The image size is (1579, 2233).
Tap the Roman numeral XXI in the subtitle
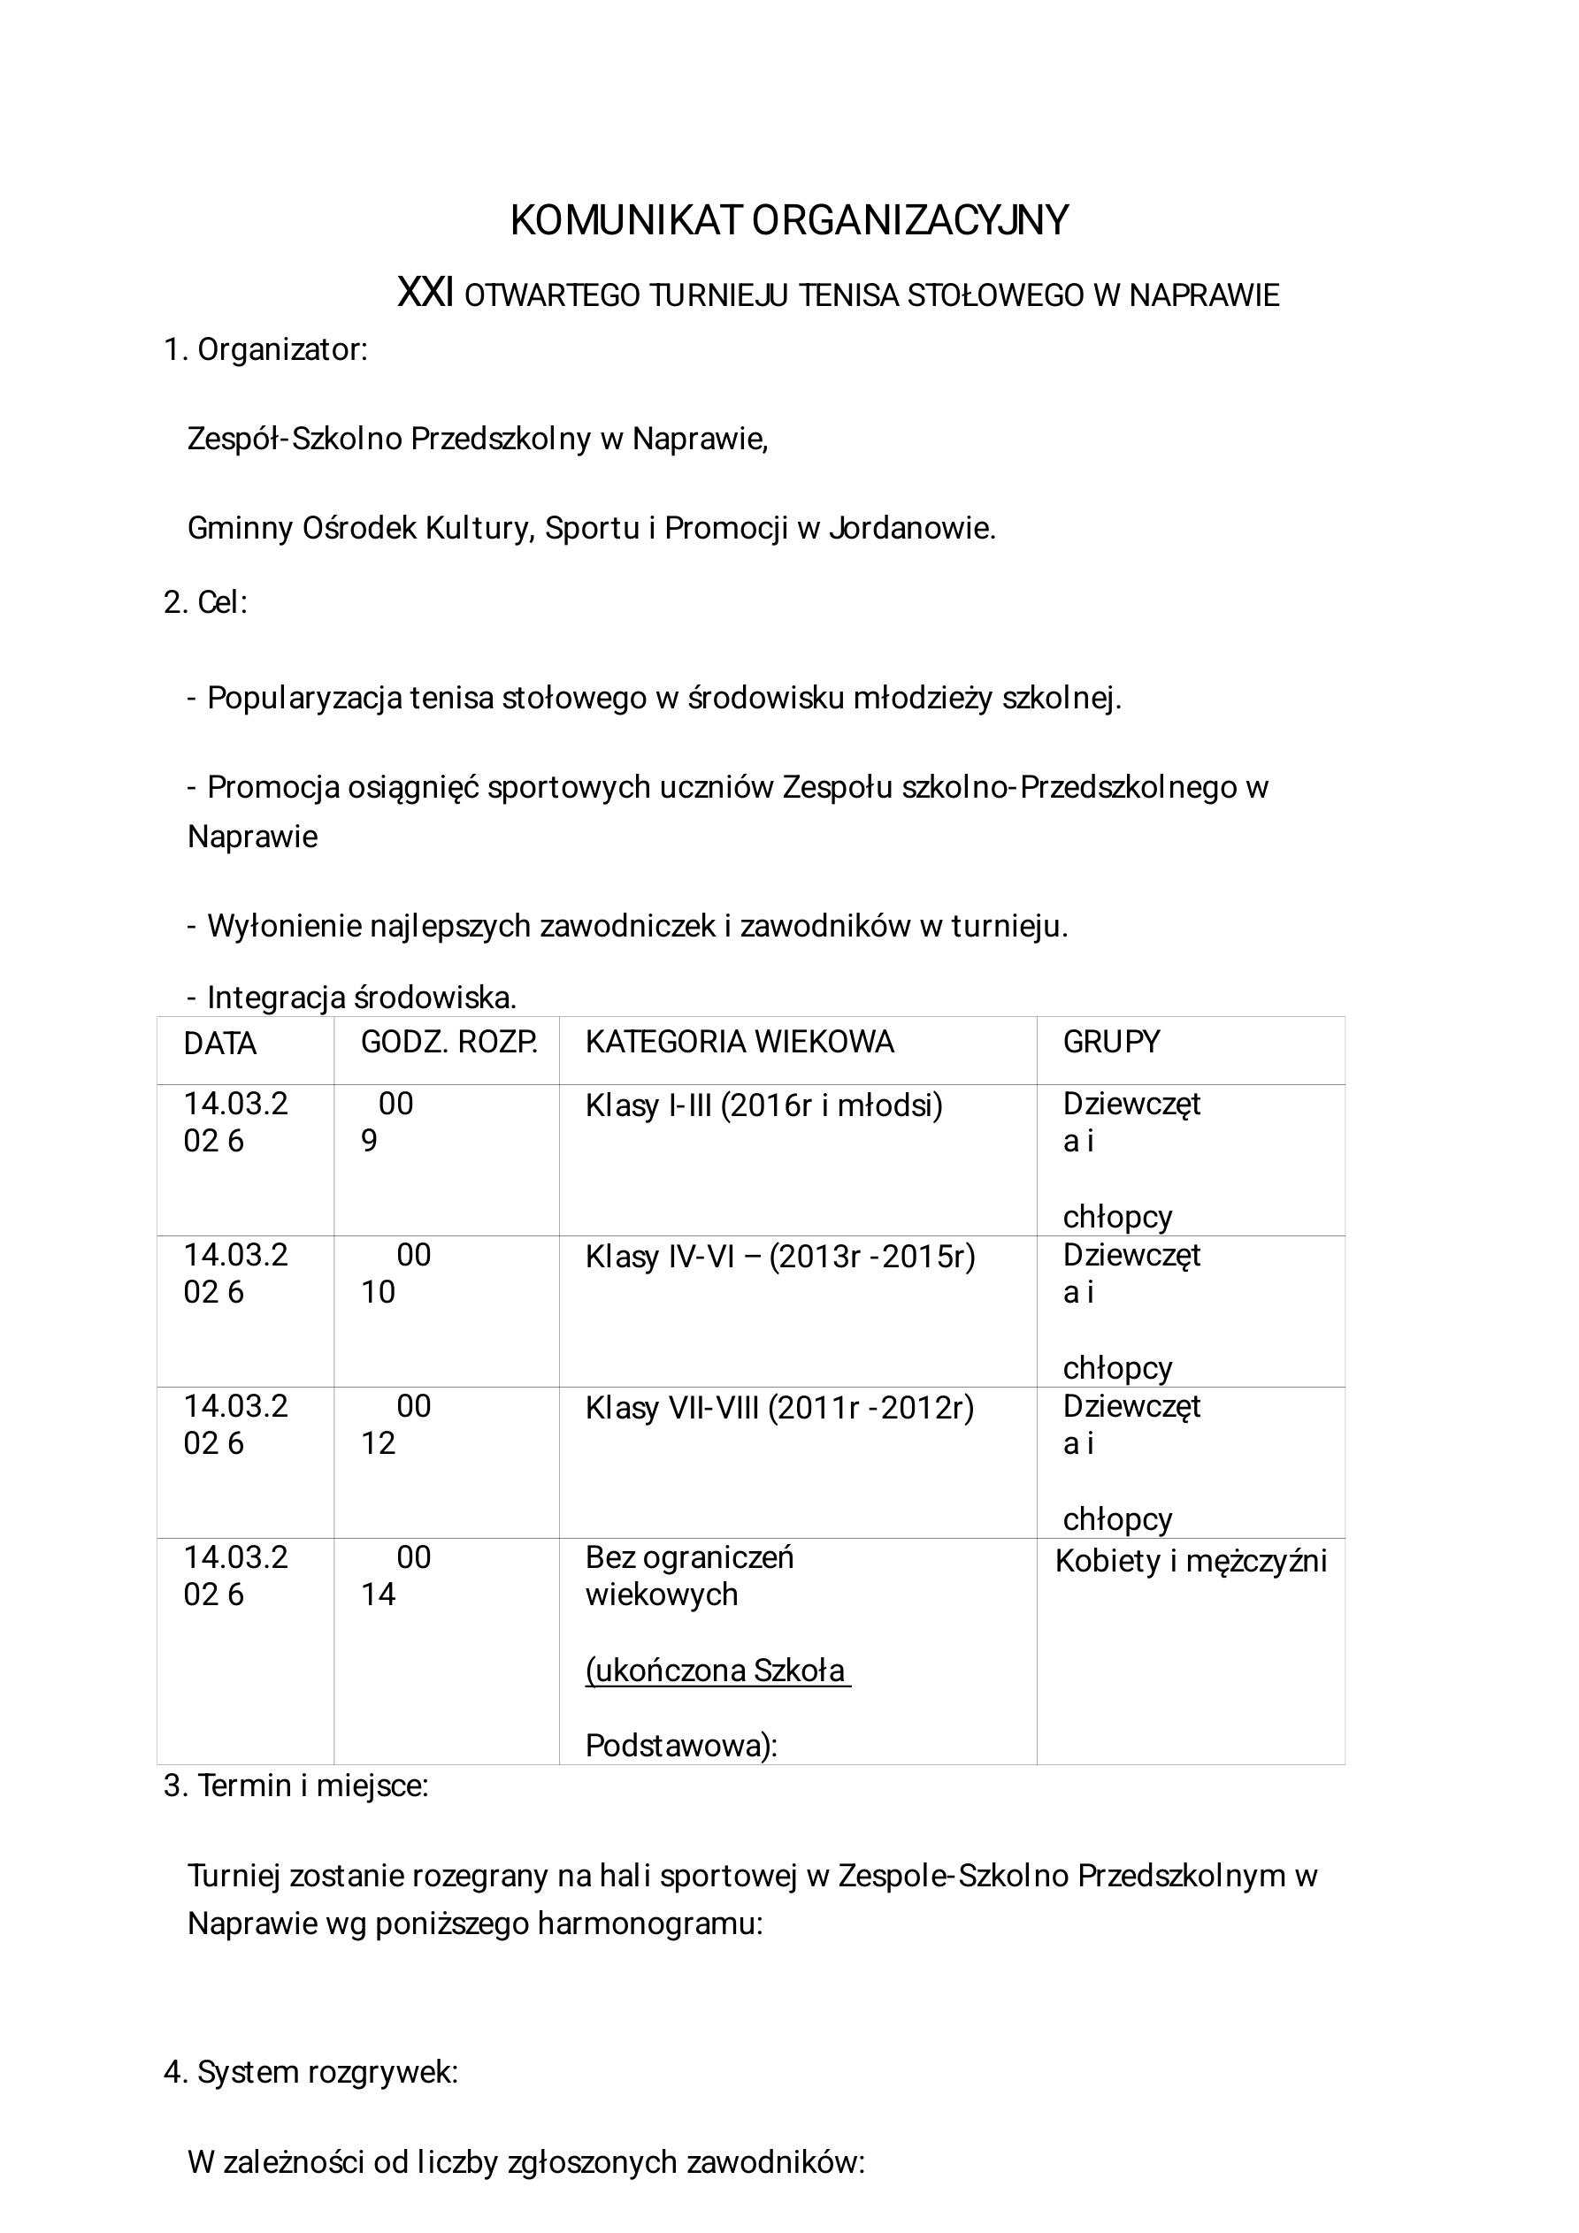coord(425,293)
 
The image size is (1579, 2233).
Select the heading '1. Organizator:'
coord(265,350)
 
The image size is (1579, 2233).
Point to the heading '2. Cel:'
coord(205,602)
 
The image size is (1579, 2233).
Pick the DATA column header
coord(220,1044)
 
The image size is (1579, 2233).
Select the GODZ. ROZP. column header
coord(448,1042)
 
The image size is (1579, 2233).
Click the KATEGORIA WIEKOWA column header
coord(739,1042)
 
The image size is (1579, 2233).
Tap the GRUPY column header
coord(1111,1042)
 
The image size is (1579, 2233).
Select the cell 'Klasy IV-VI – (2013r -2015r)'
coord(779,1257)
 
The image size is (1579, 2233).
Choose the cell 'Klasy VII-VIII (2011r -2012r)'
coord(779,1408)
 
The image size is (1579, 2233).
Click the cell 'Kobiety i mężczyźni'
coord(1191,1561)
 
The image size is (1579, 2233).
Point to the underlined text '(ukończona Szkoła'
coord(717,1670)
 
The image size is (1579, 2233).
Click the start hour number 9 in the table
coord(369,1141)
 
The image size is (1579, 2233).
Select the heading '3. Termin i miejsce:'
coord(295,1786)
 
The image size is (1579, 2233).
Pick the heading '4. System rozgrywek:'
coord(310,2073)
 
